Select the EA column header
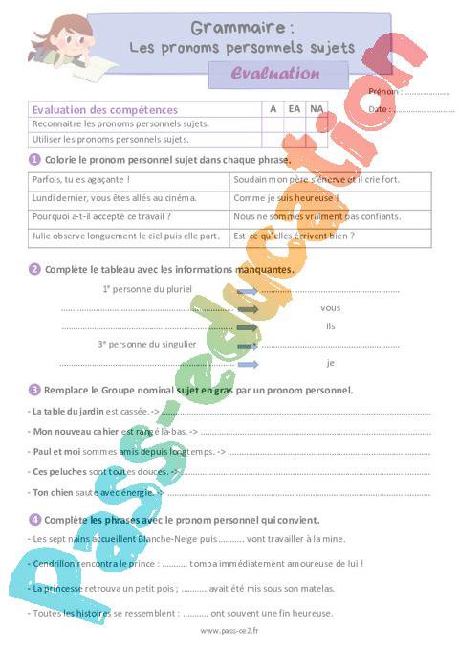coord(295,109)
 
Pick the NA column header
coord(317,109)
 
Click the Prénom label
coord(384,93)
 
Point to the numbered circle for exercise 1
coord(34,159)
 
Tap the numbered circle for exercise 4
coord(34,520)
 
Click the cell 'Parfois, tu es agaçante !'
coord(81,179)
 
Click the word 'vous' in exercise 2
coord(330,308)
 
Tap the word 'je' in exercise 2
coord(331,363)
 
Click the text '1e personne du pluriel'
coord(147,288)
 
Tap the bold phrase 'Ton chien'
coord(54,492)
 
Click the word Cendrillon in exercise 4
coord(55,564)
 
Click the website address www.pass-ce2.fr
coord(229,632)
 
